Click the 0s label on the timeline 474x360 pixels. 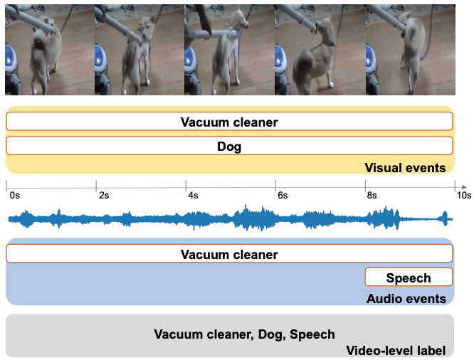pos(14,196)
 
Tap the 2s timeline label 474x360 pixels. pos(104,196)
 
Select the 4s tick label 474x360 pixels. pos(193,196)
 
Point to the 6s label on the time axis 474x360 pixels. pos(283,196)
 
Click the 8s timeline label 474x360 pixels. pos(372,196)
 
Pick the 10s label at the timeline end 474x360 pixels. pos(464,196)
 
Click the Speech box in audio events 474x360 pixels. pos(409,277)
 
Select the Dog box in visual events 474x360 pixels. pos(229,146)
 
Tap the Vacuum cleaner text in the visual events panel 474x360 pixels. pos(229,122)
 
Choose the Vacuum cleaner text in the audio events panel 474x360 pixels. pos(229,255)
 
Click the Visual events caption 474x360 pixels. pos(405,168)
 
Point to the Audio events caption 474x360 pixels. pos(406,299)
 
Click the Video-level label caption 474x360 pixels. pos(396,351)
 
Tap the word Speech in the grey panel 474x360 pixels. pos(312,334)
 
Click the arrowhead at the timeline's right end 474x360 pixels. pos(464,188)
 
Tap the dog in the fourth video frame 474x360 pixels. pos(315,58)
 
